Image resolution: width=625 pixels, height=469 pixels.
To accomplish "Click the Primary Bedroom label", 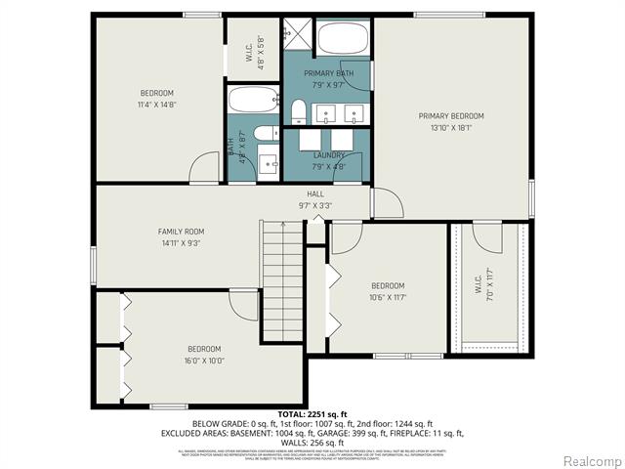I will pos(451,116).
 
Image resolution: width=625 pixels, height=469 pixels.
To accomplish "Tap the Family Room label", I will pos(187,232).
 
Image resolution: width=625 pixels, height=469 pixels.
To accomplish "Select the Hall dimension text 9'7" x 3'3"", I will pos(315,206).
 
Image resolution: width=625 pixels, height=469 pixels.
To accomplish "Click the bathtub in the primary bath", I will pos(341,39).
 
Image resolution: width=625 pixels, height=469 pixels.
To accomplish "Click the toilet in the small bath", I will pos(261,135).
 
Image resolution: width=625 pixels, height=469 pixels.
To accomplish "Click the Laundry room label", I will pos(329,155).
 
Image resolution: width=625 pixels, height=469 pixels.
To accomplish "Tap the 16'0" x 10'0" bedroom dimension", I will pos(204,361).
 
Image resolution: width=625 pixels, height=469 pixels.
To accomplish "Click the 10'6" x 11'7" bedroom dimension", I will pos(388,297).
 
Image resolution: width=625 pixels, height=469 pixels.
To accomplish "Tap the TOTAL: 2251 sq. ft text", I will pos(312,414).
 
